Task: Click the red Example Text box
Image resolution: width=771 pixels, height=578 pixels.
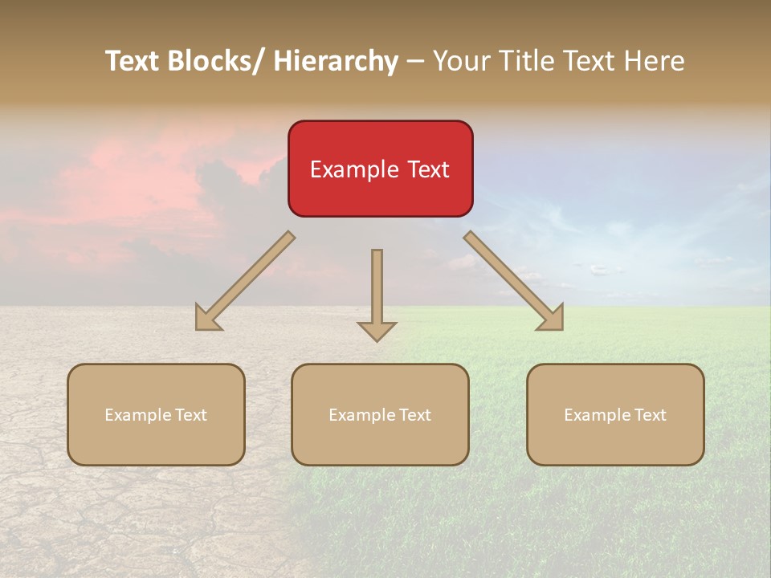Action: pyautogui.click(x=380, y=169)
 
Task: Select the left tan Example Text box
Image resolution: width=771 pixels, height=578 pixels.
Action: pyautogui.click(x=156, y=414)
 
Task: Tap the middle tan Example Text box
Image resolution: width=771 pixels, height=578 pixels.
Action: pyautogui.click(x=380, y=414)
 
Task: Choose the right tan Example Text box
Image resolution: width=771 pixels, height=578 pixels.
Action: pyautogui.click(x=615, y=414)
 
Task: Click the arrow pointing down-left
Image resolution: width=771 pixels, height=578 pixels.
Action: pyautogui.click(x=245, y=281)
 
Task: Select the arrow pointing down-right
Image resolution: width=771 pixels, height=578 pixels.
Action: pyautogui.click(x=514, y=281)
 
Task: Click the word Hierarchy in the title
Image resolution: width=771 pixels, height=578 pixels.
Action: pyautogui.click(x=336, y=61)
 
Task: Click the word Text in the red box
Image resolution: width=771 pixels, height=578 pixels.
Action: pyautogui.click(x=428, y=169)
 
